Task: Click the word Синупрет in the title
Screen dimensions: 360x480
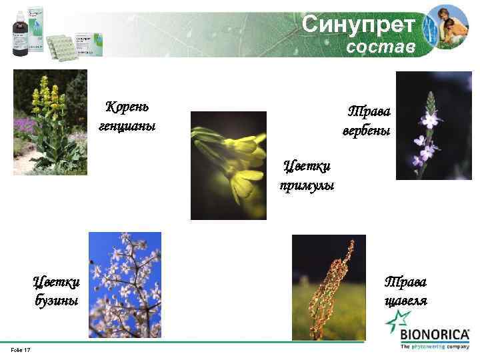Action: (359, 25)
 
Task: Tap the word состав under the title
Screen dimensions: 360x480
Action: (381, 47)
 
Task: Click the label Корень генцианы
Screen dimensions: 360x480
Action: (127, 116)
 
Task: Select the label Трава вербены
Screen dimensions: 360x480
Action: (367, 121)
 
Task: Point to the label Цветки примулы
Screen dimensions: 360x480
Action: (307, 175)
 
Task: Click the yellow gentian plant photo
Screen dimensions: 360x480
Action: (50, 122)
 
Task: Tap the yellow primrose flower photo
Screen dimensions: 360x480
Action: (228, 165)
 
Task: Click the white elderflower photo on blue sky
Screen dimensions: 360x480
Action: (125, 285)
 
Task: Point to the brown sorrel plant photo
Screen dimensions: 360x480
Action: (329, 287)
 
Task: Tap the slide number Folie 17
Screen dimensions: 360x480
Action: (21, 350)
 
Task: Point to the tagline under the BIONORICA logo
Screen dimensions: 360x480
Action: (434, 347)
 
